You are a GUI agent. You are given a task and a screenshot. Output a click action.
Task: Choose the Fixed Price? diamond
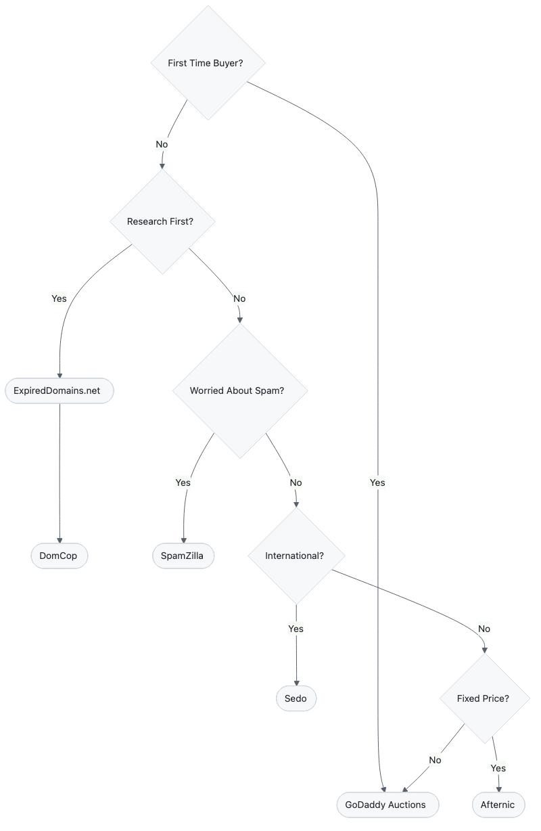(483, 698)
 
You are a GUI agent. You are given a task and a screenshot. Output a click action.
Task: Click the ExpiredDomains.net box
(60, 390)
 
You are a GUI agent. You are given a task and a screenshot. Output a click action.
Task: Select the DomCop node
(60, 556)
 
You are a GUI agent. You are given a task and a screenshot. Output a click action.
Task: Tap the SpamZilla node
(183, 556)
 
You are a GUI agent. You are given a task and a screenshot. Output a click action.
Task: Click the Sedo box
(296, 698)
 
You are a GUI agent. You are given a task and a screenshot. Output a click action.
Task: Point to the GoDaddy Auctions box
(386, 805)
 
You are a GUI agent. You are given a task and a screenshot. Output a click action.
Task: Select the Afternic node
(498, 805)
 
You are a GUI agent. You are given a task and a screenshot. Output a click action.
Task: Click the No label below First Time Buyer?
(162, 144)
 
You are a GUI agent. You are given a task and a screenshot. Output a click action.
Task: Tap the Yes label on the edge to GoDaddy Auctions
(377, 482)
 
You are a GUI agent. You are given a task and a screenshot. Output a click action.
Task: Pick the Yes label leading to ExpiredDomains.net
(60, 298)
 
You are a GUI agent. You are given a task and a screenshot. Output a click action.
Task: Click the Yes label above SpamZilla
(183, 482)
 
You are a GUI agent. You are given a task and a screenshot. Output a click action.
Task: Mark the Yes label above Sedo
(296, 629)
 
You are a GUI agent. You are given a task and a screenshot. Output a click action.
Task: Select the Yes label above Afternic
(498, 768)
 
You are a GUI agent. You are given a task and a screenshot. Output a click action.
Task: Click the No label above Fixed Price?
(484, 629)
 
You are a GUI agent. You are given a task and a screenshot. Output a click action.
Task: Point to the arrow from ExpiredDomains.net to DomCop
(60, 474)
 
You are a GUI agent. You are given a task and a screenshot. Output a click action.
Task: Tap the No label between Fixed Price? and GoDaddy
(435, 760)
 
